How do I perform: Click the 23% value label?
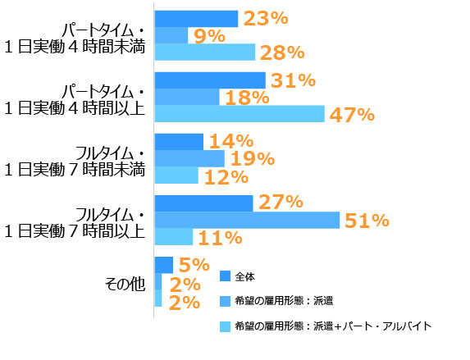(x=264, y=18)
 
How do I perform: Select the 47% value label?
(x=352, y=115)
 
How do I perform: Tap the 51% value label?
(x=366, y=220)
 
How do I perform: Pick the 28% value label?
(x=282, y=53)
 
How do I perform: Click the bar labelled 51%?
(x=247, y=220)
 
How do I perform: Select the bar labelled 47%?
(x=240, y=114)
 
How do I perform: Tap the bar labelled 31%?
(x=210, y=80)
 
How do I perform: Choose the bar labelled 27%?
(x=203, y=202)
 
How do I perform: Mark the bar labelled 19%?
(x=189, y=158)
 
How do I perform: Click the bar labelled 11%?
(x=174, y=237)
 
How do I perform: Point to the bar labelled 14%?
(x=179, y=141)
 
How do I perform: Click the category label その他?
(x=125, y=284)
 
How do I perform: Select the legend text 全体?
(x=245, y=276)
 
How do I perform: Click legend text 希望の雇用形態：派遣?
(x=282, y=301)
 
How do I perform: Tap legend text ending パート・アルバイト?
(x=332, y=326)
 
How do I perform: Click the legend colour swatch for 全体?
(x=226, y=276)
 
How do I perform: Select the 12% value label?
(x=226, y=176)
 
